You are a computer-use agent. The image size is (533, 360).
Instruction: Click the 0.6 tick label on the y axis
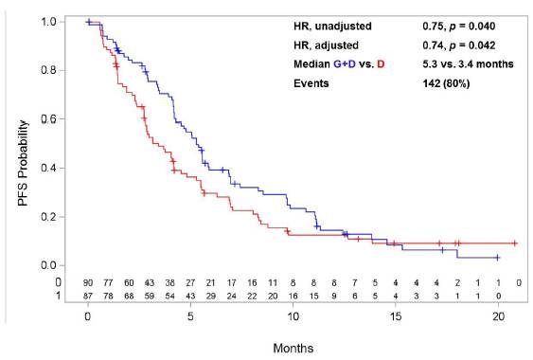click(48, 118)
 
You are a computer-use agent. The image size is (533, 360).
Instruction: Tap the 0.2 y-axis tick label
click(48, 217)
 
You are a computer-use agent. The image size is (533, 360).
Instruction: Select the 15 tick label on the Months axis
click(396, 316)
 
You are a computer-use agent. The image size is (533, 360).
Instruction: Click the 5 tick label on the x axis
click(190, 316)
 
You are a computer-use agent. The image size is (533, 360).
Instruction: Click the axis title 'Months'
click(293, 348)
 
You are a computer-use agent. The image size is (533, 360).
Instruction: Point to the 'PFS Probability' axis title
click(23, 163)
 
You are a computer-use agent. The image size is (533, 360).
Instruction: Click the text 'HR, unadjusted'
click(332, 27)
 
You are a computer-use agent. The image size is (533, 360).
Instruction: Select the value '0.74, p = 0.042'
click(459, 45)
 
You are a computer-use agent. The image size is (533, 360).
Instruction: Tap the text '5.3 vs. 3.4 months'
click(468, 64)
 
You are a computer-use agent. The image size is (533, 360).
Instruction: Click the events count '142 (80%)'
click(446, 83)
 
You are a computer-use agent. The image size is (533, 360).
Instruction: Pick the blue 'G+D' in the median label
click(345, 64)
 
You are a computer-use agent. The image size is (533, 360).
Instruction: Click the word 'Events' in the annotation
click(311, 83)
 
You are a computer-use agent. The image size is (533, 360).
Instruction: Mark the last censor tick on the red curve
click(515, 243)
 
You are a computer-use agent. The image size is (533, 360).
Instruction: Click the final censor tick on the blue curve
click(497, 258)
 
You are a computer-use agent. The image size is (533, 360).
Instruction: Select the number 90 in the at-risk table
click(88, 282)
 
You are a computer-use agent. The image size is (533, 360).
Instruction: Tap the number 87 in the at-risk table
click(88, 296)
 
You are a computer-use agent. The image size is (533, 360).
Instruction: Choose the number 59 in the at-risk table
click(150, 296)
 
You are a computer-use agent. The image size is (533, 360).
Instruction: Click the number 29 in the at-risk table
click(211, 296)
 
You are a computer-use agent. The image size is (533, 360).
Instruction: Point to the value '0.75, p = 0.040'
click(459, 27)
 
